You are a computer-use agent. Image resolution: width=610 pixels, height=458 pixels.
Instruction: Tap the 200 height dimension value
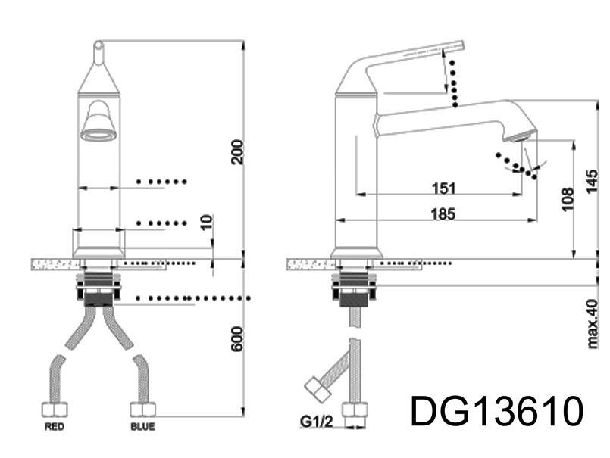pyautogui.click(x=237, y=152)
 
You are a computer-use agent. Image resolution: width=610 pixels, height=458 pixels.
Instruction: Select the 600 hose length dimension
pyautogui.click(x=237, y=338)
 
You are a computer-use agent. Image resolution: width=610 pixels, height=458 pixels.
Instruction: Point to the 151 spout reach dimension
pyautogui.click(x=443, y=187)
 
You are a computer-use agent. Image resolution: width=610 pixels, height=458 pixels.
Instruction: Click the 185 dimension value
pyautogui.click(x=443, y=214)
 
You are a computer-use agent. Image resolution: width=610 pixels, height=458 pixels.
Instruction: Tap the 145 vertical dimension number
pyautogui.click(x=593, y=182)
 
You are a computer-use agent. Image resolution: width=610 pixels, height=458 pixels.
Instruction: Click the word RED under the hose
pyautogui.click(x=55, y=427)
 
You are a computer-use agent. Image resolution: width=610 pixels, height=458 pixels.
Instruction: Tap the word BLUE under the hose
pyautogui.click(x=142, y=427)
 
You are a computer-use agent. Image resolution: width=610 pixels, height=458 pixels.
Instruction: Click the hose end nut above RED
pyautogui.click(x=53, y=410)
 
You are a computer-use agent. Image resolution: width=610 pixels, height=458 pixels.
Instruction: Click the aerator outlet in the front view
pyautogui.click(x=99, y=135)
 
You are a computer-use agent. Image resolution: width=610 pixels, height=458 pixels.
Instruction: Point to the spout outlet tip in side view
pyautogui.click(x=520, y=137)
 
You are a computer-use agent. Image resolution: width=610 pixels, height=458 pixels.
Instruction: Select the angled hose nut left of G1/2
pyautogui.click(x=317, y=390)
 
